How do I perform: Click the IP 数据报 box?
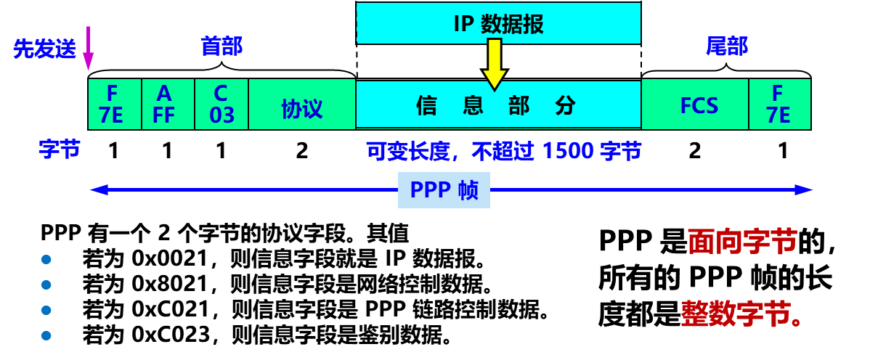pyautogui.click(x=498, y=23)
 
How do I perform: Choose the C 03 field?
pyautogui.click(x=221, y=105)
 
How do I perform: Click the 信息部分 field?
pyautogui.click(x=498, y=106)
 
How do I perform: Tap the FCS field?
pyautogui.click(x=699, y=106)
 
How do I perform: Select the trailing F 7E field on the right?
pyautogui.click(x=779, y=105)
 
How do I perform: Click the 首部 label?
pyautogui.click(x=221, y=46)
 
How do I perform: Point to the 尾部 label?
pyautogui.click(x=726, y=46)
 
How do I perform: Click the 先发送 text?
pyautogui.click(x=44, y=49)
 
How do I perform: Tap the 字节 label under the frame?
pyautogui.click(x=60, y=150)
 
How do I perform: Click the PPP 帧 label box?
pyautogui.click(x=444, y=190)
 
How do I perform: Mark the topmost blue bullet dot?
pyautogui.click(x=46, y=259)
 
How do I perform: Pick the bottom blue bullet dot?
pyautogui.click(x=46, y=335)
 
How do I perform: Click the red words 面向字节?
pyautogui.click(x=742, y=242)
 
